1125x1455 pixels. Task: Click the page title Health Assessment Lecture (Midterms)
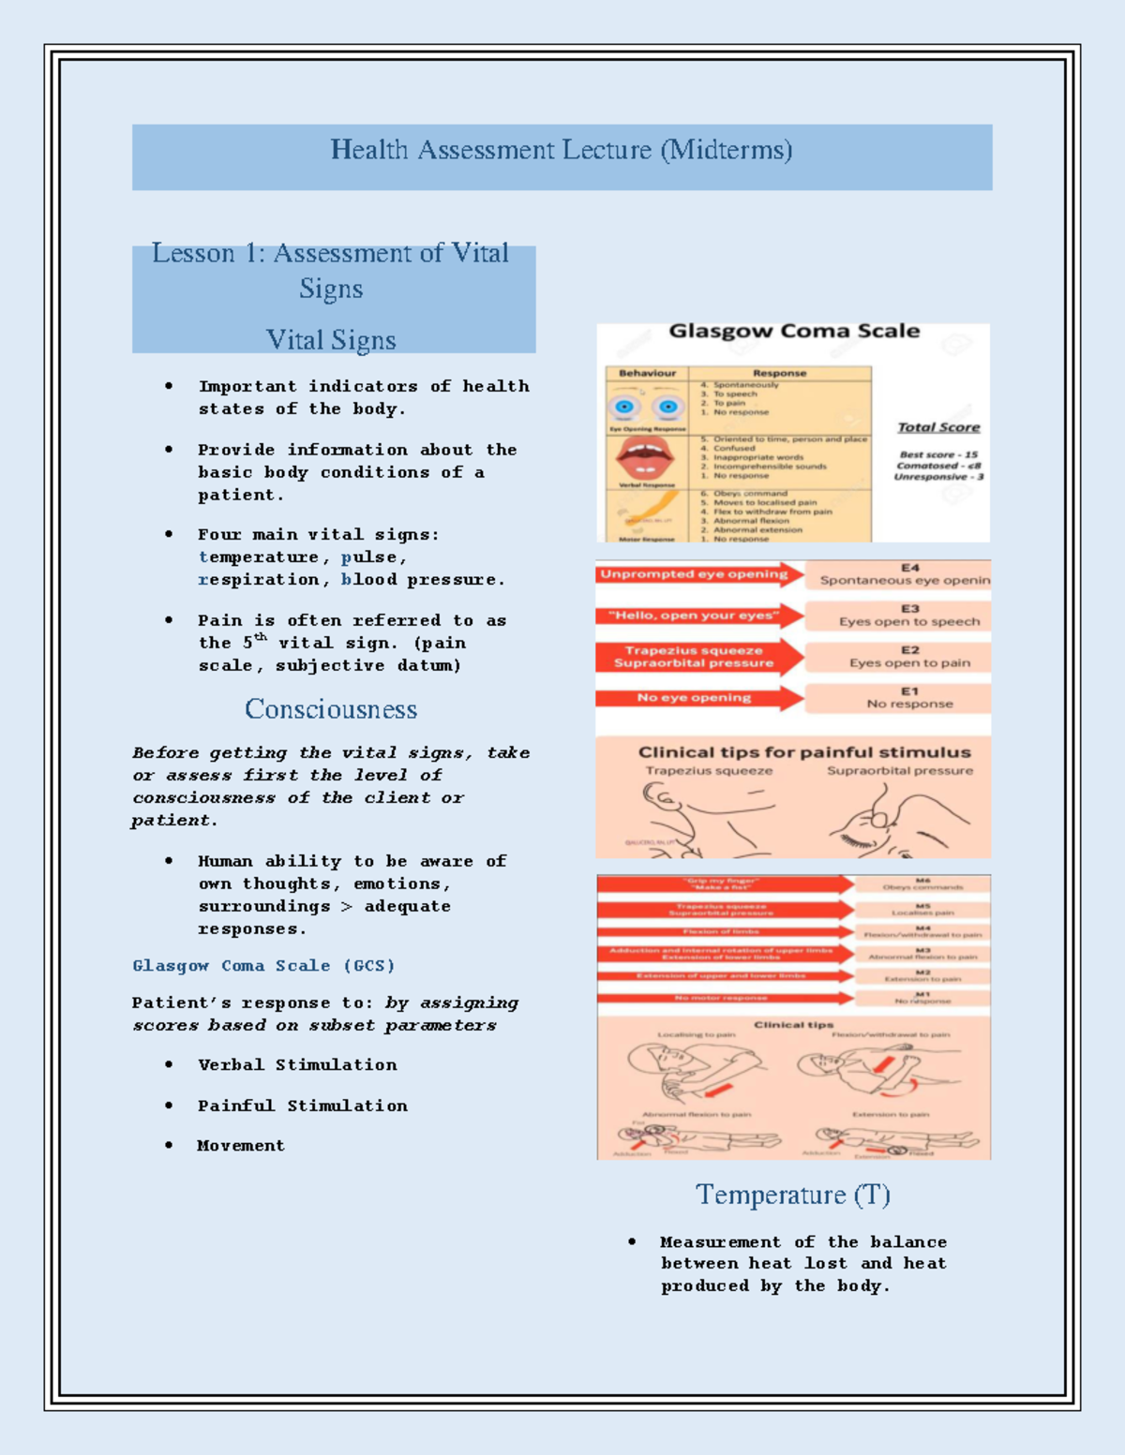561,150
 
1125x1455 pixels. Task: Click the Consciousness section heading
331,709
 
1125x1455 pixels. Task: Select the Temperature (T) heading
792,1195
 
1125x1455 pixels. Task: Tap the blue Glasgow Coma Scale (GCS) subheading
263,966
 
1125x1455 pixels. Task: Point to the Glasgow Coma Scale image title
793,332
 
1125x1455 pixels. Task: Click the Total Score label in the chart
937,427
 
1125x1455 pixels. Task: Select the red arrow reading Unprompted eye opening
696,574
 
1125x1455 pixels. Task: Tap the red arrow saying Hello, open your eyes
696,616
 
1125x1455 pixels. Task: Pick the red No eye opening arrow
696,698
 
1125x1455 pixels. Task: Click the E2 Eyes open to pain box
908,657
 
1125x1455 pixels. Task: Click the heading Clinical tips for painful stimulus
803,752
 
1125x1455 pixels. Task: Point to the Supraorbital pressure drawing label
899,771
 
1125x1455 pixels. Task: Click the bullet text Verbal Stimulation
297,1065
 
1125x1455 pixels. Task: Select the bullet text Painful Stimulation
302,1106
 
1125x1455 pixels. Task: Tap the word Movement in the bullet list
240,1146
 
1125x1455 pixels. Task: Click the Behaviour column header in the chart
647,373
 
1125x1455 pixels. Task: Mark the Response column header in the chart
779,373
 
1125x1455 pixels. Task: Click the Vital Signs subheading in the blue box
331,339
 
